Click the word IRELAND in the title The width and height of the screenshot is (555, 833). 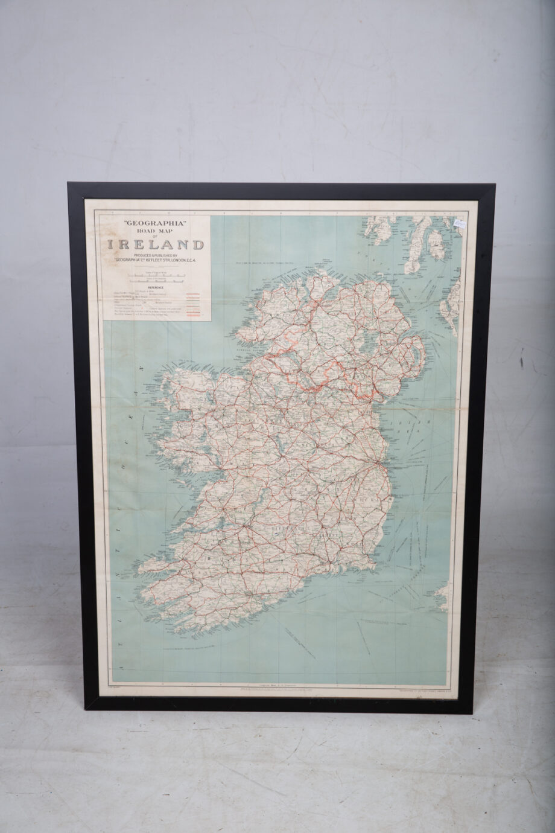coord(156,244)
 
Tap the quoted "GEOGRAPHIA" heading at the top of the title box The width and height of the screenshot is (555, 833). coord(156,223)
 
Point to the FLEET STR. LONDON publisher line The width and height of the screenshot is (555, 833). coord(156,260)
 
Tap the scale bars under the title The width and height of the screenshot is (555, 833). coord(156,278)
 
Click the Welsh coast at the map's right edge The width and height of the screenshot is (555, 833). coord(443,595)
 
